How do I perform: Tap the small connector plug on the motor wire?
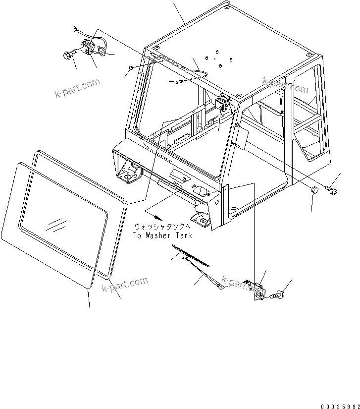click(74, 29)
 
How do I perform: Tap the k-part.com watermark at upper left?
click(77, 88)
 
